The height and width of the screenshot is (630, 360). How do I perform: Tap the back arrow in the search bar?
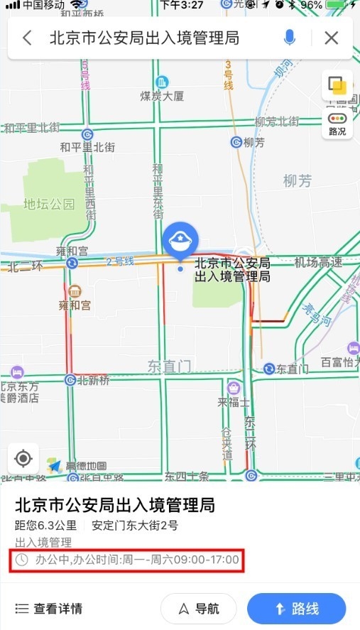pos(27,38)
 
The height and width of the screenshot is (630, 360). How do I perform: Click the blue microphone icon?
pos(290,38)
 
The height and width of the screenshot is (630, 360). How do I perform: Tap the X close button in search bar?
pos(331,38)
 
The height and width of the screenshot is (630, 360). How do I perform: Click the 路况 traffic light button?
pos(337,124)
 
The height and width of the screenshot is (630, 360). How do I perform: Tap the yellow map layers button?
pos(337,87)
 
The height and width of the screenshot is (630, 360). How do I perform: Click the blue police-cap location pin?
pos(180,243)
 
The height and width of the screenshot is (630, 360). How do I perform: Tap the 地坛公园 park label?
pos(48,204)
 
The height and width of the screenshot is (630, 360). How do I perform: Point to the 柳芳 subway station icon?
pos(236,142)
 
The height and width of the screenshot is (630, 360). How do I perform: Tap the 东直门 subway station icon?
pos(269,369)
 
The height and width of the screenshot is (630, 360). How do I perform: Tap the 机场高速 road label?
pos(318,263)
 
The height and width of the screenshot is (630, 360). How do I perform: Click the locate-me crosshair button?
pos(23,458)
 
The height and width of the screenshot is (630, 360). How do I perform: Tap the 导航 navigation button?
pos(198,609)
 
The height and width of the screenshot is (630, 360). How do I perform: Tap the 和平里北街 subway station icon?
pos(87,134)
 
